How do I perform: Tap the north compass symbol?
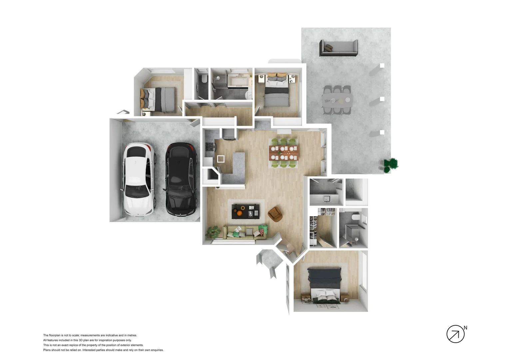[x=455, y=334]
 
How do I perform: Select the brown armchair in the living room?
[x=275, y=214]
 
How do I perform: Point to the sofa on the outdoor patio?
[x=339, y=48]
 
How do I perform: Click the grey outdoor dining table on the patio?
[x=337, y=100]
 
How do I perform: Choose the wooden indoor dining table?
[x=283, y=153]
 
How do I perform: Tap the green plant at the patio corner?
[x=391, y=164]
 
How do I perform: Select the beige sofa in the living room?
[x=244, y=232]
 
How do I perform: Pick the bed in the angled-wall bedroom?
[x=158, y=99]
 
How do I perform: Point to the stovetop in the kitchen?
[x=210, y=147]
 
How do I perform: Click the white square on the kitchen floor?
[x=221, y=159]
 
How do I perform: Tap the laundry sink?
[x=327, y=199]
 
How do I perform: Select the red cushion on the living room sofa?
[x=263, y=229]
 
